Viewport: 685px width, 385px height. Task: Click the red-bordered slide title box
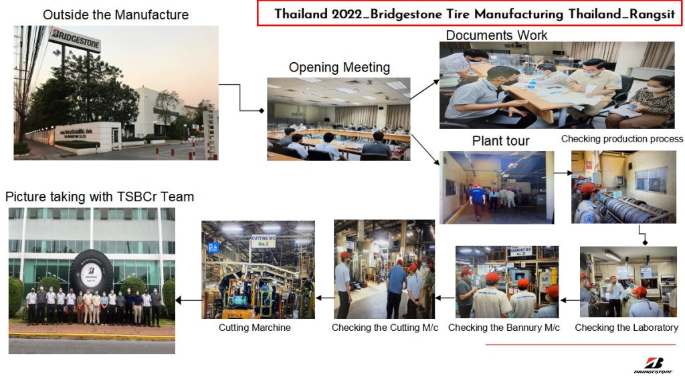pyautogui.click(x=468, y=14)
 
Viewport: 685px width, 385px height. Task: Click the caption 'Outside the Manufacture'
pyautogui.click(x=116, y=14)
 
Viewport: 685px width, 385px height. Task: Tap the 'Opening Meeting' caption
pyautogui.click(x=339, y=68)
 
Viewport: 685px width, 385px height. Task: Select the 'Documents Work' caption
pyautogui.click(x=496, y=35)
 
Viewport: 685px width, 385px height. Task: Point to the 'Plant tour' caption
pyautogui.click(x=500, y=141)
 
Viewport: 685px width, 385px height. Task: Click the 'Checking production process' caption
pyautogui.click(x=622, y=139)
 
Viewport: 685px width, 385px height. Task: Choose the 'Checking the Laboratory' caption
pyautogui.click(x=626, y=328)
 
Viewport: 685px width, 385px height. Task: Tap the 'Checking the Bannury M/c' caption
pyautogui.click(x=504, y=328)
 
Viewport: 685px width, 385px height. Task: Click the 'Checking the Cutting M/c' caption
pyautogui.click(x=385, y=328)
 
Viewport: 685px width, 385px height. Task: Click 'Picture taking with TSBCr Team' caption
pyautogui.click(x=100, y=197)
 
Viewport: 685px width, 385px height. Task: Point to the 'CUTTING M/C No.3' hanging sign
pyautogui.click(x=263, y=241)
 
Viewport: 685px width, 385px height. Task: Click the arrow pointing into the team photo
pyautogui.click(x=188, y=301)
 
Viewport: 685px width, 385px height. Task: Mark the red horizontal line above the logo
pyautogui.click(x=580, y=345)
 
